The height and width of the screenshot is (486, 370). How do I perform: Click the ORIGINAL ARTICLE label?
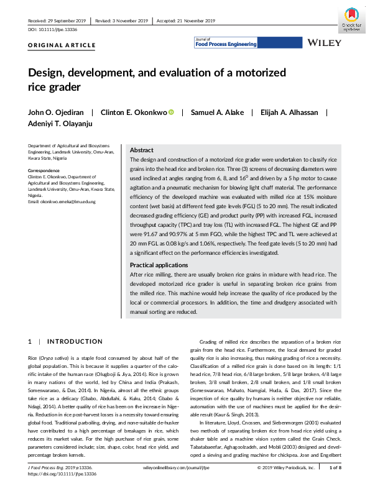coord(62,45)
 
